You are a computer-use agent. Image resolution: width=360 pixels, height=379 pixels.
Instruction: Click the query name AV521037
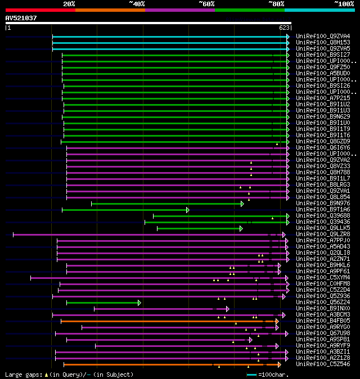point(21,18)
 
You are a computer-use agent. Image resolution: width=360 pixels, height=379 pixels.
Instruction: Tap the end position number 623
point(283,28)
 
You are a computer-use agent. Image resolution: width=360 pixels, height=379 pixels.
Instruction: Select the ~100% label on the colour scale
point(344,3)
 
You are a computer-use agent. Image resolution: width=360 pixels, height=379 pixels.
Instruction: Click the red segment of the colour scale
point(40,10)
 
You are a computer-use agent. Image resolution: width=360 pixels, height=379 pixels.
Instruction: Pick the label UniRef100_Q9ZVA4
point(322,36)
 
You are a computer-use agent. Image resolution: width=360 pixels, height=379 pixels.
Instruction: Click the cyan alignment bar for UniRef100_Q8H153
point(169,43)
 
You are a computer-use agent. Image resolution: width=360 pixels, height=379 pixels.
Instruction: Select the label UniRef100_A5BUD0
point(322,73)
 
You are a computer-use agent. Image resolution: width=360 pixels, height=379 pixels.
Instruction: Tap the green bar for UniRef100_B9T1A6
point(124,210)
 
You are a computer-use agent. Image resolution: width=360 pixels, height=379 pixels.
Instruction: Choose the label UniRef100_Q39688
point(322,216)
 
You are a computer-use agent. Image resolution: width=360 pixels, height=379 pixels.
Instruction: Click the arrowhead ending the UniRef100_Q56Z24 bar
point(139,303)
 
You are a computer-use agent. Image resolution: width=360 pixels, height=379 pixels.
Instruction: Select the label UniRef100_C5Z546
point(322,364)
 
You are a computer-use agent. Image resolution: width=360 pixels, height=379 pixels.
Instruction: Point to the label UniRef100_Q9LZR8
point(322,234)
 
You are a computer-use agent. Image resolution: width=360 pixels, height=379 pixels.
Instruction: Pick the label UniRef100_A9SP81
point(322,340)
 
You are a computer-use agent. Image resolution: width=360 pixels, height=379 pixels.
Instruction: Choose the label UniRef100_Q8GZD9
point(322,142)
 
